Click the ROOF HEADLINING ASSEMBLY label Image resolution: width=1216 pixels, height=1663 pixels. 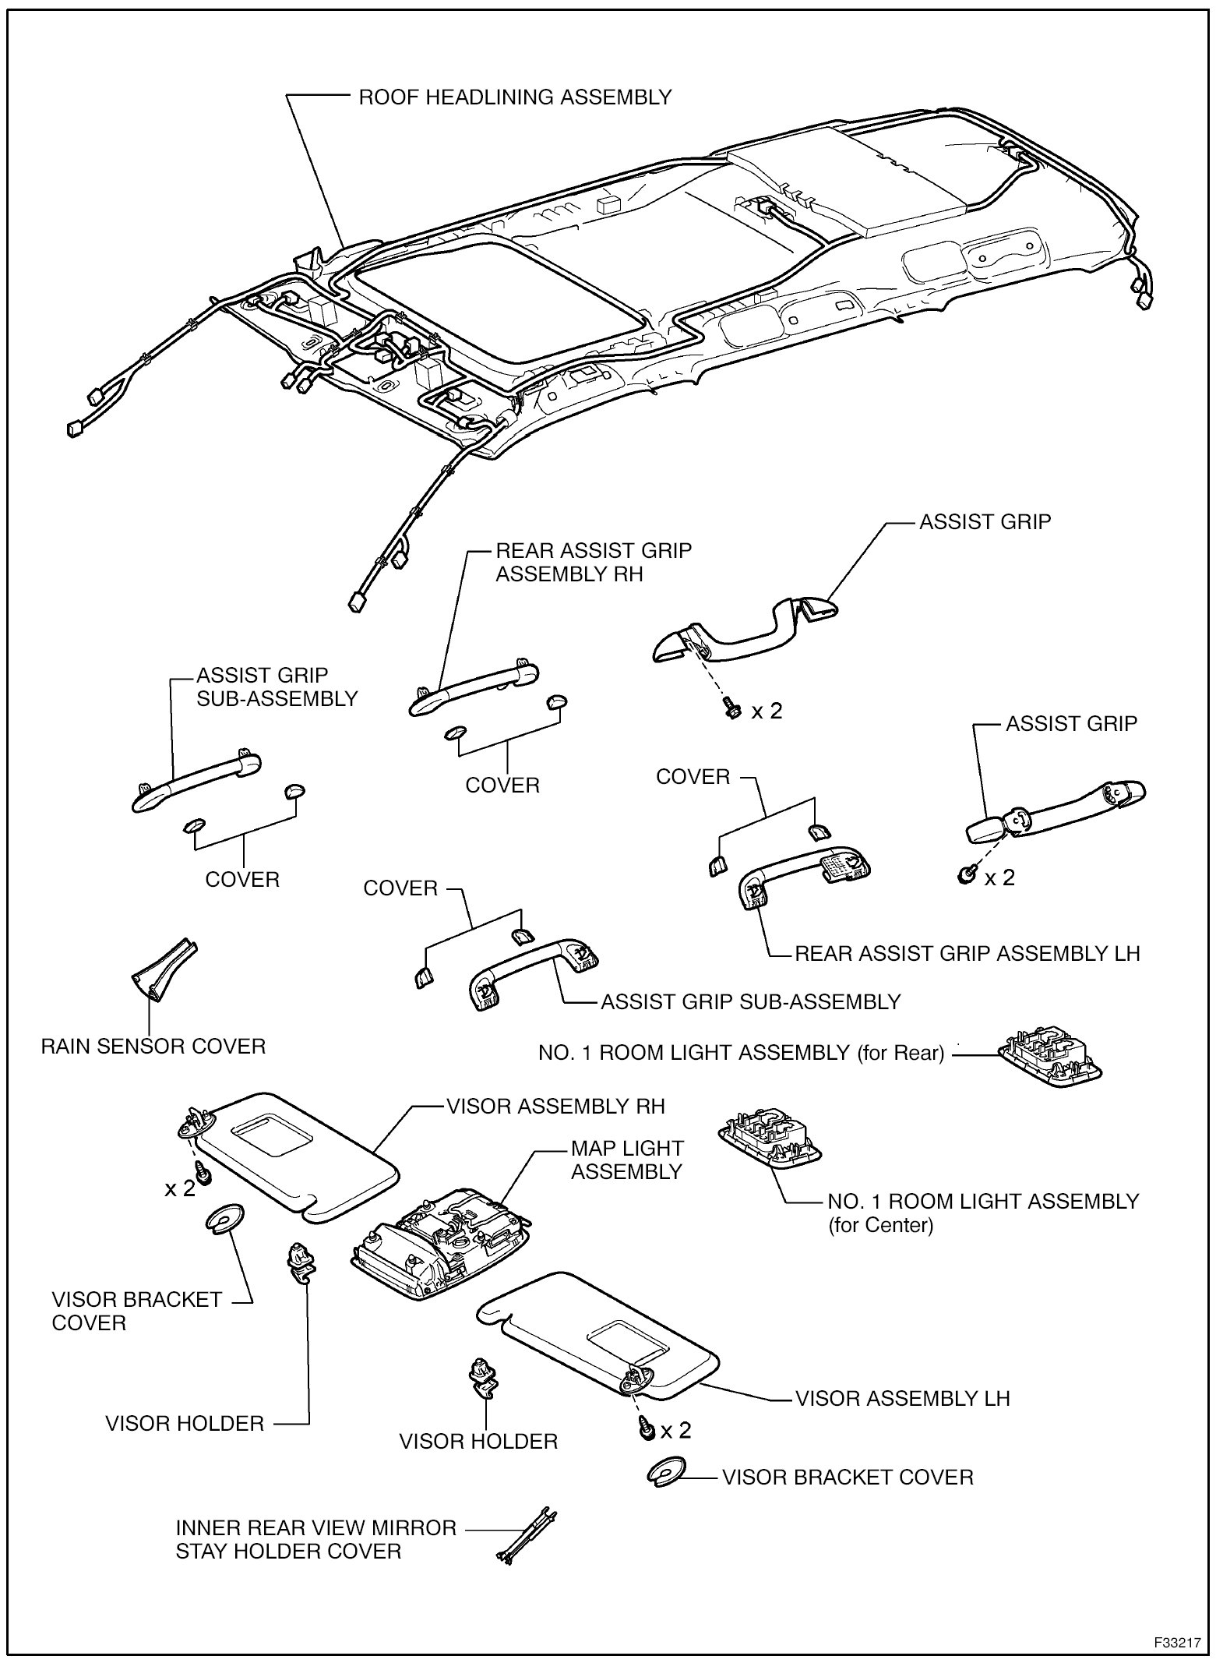514,97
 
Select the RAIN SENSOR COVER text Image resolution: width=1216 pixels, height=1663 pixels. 153,1046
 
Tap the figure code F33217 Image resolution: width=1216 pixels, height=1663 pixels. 1177,1641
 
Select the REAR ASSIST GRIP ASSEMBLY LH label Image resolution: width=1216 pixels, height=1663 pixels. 967,954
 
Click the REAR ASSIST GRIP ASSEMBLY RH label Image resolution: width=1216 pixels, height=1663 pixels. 594,562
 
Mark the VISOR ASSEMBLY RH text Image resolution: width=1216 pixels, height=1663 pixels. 555,1106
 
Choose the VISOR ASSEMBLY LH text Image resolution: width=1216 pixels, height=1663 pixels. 902,1398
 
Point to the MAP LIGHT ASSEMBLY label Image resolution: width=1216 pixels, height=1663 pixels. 627,1160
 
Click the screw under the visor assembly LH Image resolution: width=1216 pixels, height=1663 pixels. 646,1429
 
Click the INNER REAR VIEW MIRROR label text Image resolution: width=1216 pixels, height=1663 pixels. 315,1528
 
